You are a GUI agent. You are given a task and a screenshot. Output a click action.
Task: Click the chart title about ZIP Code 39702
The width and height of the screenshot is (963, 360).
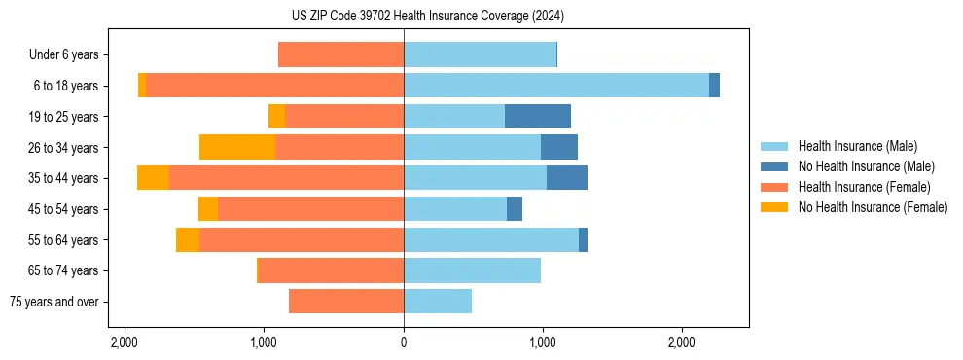click(427, 17)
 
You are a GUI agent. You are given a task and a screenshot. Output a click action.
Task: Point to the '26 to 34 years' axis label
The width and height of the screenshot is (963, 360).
click(62, 148)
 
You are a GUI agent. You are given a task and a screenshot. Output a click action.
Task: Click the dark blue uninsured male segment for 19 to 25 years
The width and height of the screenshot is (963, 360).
click(538, 117)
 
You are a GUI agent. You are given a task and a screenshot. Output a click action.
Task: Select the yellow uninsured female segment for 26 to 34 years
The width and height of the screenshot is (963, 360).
click(237, 147)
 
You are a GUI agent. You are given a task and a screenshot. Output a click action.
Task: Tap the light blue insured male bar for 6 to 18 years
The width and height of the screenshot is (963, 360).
click(555, 86)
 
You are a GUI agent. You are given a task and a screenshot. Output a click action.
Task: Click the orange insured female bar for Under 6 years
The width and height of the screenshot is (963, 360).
click(340, 54)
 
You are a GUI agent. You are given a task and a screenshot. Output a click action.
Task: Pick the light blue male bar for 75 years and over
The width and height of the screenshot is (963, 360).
click(438, 302)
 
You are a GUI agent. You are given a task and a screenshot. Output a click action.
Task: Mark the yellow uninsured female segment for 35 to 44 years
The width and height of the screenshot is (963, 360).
click(153, 178)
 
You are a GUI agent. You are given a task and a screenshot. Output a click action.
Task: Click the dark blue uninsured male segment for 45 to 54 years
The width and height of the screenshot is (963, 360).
click(515, 209)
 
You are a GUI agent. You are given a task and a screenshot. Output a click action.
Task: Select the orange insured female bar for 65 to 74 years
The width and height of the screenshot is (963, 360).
click(332, 270)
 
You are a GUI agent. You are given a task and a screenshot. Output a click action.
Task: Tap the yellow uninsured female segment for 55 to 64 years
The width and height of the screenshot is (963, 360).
click(188, 239)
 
